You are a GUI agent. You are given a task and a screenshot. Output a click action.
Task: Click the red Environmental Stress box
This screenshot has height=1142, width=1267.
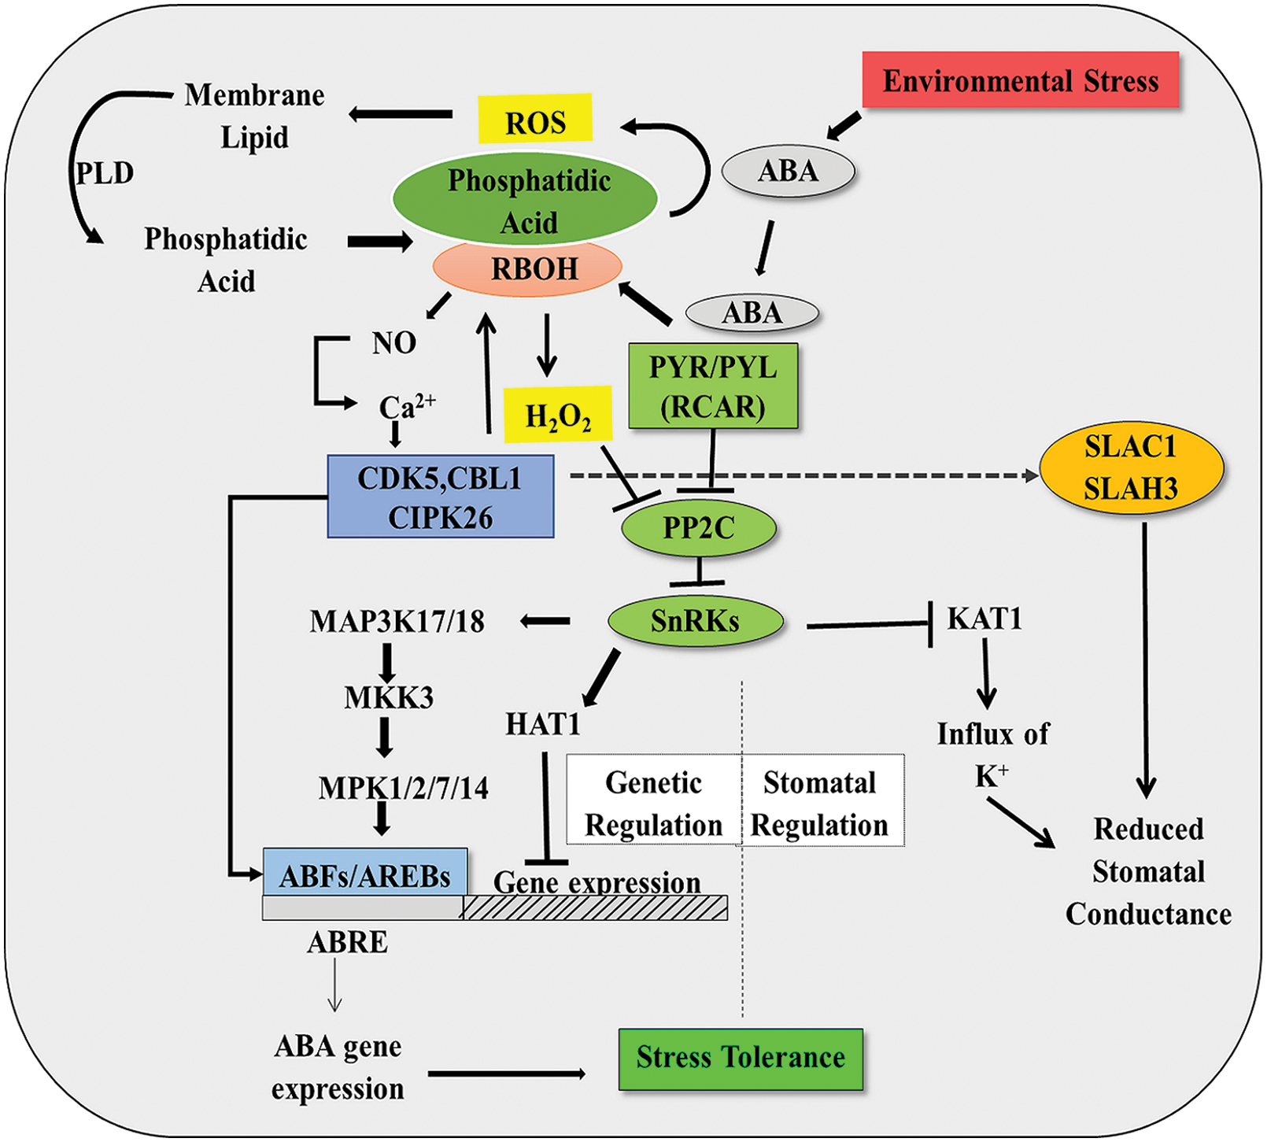1020,80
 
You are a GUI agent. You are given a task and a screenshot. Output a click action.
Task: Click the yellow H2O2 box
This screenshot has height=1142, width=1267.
557,414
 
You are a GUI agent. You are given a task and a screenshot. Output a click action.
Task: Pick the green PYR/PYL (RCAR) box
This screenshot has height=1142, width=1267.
713,386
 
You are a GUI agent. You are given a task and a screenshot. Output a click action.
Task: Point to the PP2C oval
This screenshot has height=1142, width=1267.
698,527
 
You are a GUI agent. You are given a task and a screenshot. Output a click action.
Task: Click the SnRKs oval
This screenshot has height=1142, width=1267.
696,622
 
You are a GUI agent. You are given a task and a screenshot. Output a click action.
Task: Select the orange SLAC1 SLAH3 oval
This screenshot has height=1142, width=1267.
1131,468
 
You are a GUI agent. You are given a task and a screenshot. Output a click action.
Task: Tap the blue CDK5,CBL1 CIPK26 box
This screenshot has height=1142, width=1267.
441,497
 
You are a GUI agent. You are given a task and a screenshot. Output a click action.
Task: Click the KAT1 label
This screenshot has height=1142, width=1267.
984,619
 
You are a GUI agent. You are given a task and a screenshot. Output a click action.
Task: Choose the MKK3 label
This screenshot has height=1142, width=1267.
389,697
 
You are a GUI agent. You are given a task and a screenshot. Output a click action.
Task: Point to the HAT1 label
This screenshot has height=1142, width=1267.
543,724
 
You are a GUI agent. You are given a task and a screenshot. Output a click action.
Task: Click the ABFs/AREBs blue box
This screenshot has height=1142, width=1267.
365,874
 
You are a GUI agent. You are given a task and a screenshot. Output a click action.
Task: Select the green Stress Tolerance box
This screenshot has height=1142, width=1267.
741,1059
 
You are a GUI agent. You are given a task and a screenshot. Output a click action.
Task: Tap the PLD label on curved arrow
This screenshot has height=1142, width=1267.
105,172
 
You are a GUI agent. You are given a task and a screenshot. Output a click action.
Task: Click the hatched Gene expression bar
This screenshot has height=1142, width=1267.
595,908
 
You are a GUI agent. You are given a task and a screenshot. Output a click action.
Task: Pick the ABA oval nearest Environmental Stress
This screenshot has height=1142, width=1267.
788,171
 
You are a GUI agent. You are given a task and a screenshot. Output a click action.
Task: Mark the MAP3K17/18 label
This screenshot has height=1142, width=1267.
397,622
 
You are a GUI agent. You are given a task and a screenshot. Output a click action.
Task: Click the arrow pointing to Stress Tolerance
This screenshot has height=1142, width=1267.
507,1074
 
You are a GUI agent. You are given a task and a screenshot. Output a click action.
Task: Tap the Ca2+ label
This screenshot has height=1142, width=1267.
406,407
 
